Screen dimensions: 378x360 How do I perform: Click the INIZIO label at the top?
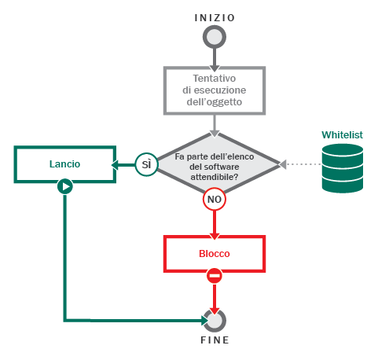click(215, 18)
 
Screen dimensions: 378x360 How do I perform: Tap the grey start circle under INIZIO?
click(215, 37)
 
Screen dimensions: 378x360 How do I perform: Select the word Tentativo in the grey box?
click(215, 79)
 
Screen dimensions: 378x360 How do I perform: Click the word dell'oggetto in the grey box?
click(215, 102)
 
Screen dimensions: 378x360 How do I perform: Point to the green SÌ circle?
click(146, 164)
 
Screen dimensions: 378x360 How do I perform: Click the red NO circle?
click(215, 200)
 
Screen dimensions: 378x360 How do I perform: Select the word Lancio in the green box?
click(64, 164)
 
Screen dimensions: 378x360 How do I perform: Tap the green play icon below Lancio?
click(65, 186)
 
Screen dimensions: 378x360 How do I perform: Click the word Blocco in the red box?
click(215, 254)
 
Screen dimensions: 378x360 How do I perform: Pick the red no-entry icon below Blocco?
click(215, 276)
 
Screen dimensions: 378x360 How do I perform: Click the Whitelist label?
click(342, 135)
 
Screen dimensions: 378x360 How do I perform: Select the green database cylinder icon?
click(343, 168)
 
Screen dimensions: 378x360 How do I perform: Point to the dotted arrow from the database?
click(300, 164)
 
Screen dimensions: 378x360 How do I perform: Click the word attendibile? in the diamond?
click(215, 177)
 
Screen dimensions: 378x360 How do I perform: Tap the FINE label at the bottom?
click(215, 340)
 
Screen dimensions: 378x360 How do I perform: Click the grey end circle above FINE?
click(215, 321)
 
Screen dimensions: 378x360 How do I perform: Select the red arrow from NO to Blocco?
click(215, 225)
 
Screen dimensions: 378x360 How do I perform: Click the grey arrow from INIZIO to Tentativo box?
click(215, 60)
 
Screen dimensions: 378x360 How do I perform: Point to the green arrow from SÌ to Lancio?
click(123, 165)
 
